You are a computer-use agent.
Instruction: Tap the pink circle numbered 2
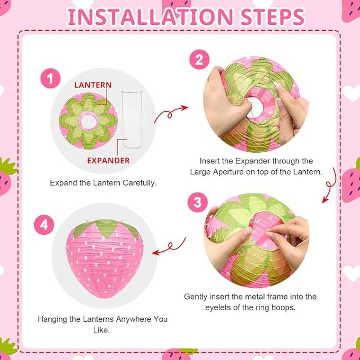pyautogui.click(x=199, y=60)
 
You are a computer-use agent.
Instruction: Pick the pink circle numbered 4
pyautogui.click(x=44, y=224)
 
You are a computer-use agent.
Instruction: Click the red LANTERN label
pyautogui.click(x=93, y=85)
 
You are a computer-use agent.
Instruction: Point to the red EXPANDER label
pyautogui.click(x=108, y=161)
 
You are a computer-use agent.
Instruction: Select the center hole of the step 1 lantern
pyautogui.click(x=89, y=122)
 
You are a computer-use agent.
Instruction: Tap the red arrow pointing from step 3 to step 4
pyautogui.click(x=170, y=247)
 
